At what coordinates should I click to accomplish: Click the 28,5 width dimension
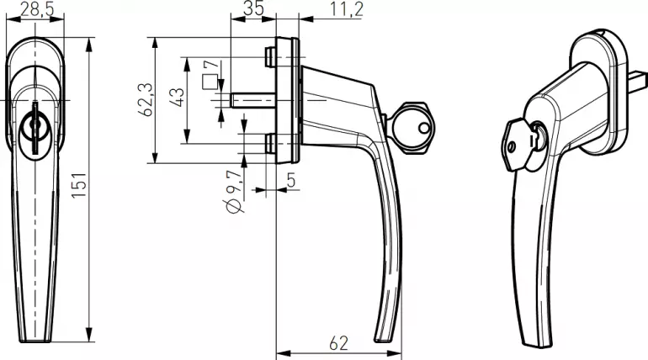coord(37,8)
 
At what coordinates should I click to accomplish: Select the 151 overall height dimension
coord(79,184)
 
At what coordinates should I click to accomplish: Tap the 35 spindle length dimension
coord(253,8)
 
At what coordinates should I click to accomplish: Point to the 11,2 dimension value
coord(347,9)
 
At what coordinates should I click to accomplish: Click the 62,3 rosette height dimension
coord(146,99)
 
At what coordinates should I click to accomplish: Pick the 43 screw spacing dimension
coord(178,98)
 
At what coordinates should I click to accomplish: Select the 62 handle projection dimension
coord(338,343)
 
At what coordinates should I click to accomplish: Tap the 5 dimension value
coord(291,180)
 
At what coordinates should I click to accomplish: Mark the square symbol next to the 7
coord(210,82)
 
